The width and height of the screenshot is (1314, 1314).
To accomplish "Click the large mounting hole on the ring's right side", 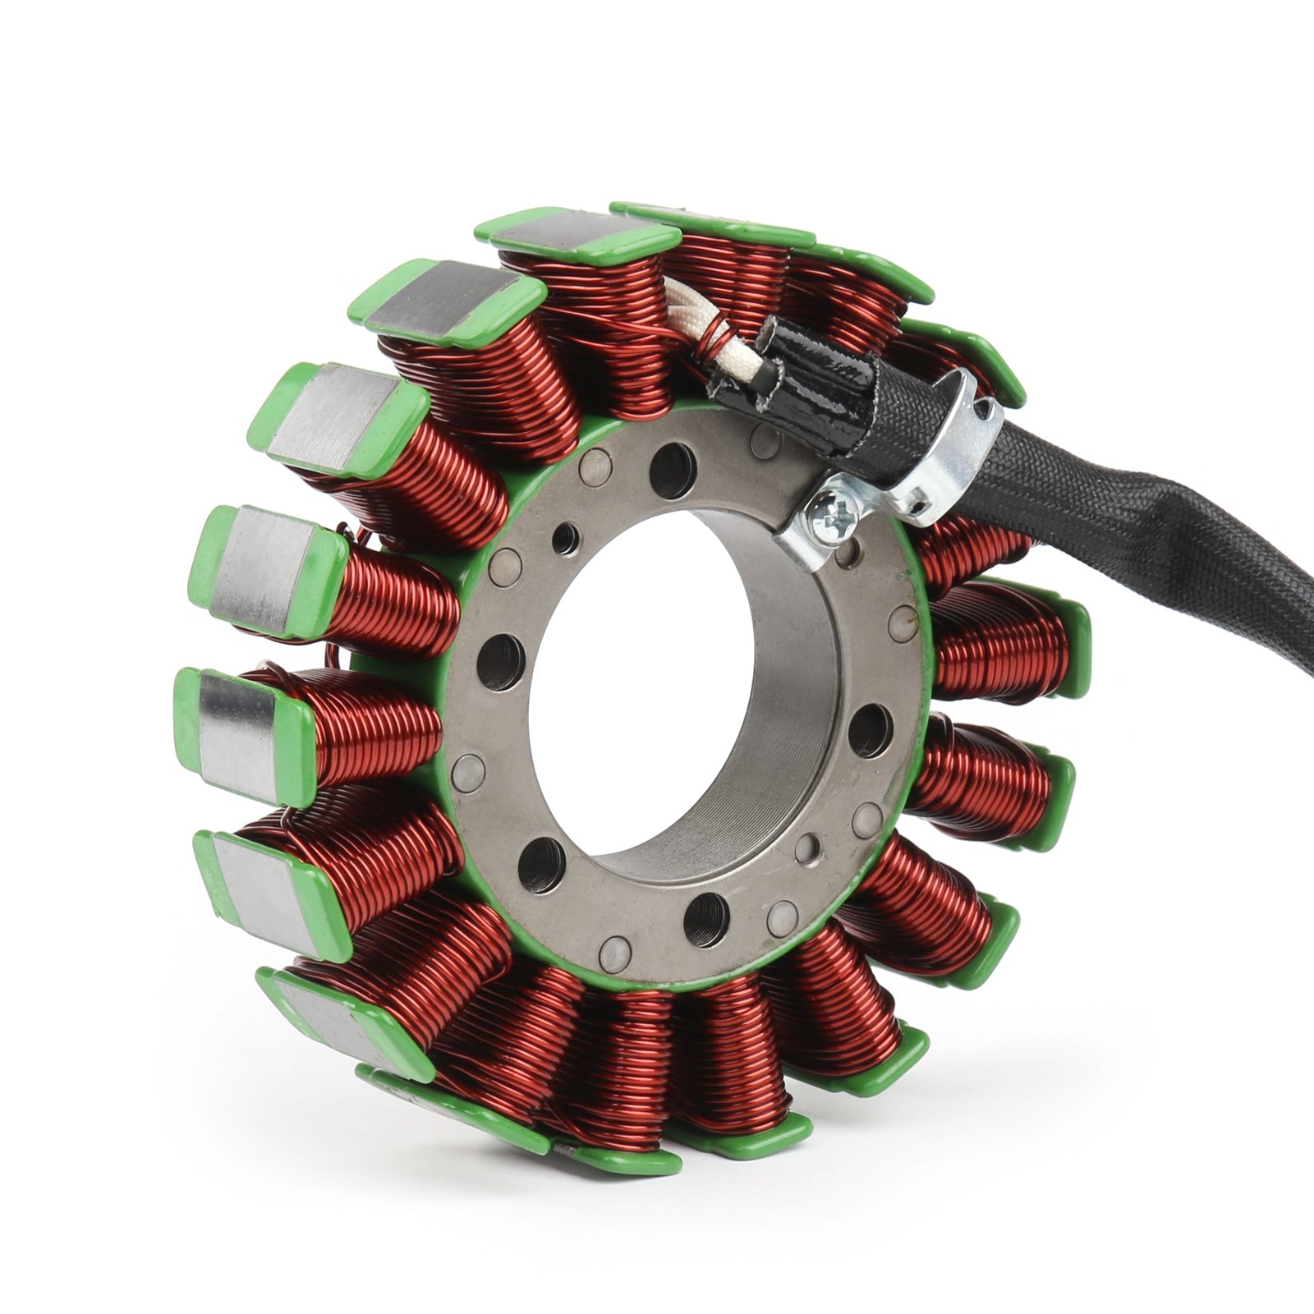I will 870,730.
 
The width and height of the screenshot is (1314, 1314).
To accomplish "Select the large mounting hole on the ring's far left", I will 500,657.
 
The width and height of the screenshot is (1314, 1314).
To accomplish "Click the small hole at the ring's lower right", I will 809,847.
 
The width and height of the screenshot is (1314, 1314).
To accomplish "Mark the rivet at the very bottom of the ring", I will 616,951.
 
